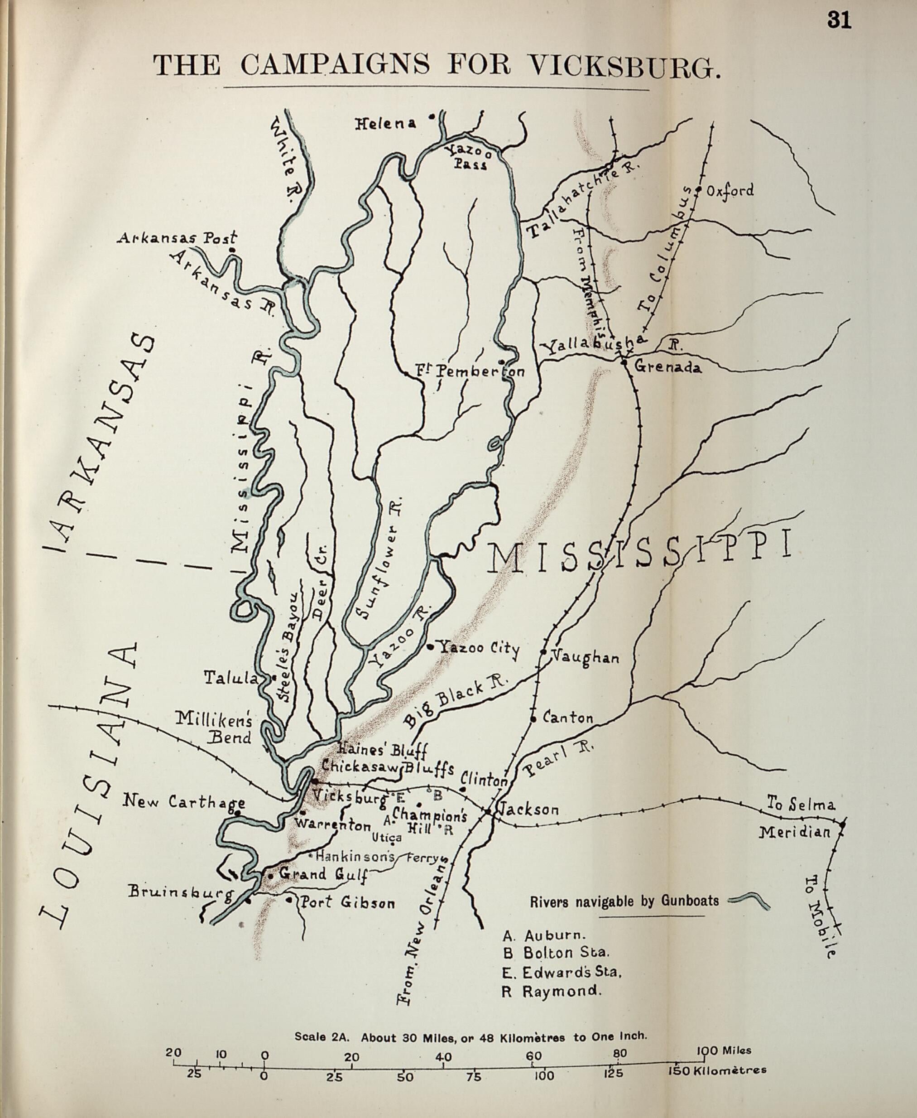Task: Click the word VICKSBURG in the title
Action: (625, 66)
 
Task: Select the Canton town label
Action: (567, 718)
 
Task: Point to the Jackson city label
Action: (528, 810)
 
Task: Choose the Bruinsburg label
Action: (180, 892)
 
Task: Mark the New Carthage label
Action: (183, 802)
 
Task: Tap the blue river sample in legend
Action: (749, 901)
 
